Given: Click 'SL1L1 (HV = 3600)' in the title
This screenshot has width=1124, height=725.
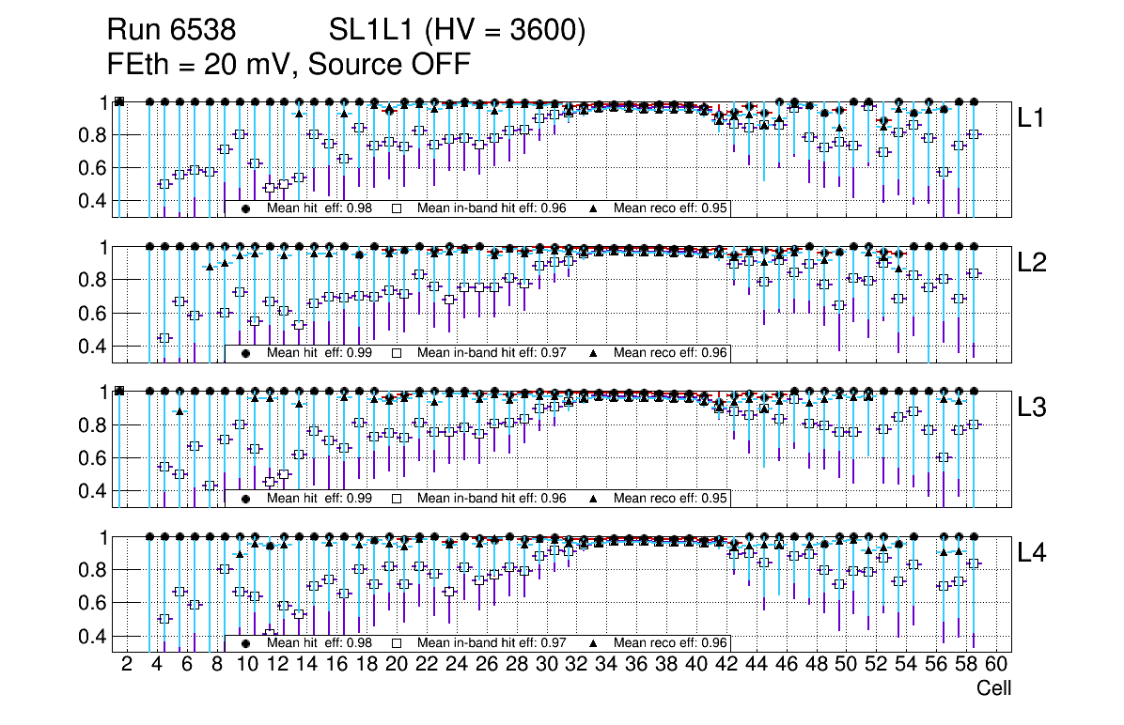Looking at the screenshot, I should (458, 31).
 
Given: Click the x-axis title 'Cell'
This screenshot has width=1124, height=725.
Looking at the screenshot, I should (993, 687).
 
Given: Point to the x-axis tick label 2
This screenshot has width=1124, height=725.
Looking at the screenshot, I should (127, 665).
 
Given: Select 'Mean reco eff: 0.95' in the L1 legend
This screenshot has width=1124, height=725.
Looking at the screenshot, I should (671, 208).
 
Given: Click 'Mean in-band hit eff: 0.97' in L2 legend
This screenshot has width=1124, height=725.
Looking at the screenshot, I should (492, 353).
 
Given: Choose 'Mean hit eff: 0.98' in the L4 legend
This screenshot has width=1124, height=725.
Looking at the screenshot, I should (320, 643).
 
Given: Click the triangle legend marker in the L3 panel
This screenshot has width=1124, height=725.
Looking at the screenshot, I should (594, 499).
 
